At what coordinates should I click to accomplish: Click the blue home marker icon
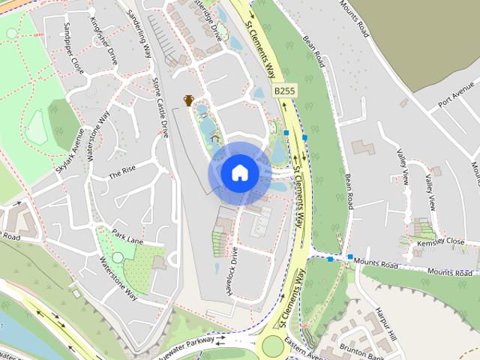click(239, 172)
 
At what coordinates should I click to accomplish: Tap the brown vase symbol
click(189, 100)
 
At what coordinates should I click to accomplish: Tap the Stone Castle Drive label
click(160, 106)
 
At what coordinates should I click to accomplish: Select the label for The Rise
click(121, 172)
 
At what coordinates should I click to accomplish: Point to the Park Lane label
click(127, 236)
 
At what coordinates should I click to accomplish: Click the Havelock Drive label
click(229, 268)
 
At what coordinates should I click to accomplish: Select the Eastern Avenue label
click(307, 348)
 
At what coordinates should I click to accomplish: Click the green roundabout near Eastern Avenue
click(272, 346)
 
